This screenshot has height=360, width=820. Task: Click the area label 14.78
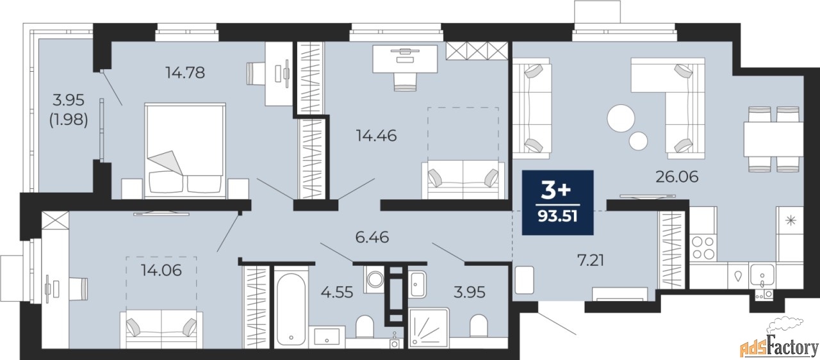click(x=184, y=73)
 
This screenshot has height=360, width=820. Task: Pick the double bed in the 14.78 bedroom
click(x=185, y=151)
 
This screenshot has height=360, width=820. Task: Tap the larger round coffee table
click(x=621, y=119)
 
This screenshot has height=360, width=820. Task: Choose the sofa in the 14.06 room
click(x=161, y=329)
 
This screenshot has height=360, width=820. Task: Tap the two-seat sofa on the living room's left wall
click(x=532, y=106)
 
